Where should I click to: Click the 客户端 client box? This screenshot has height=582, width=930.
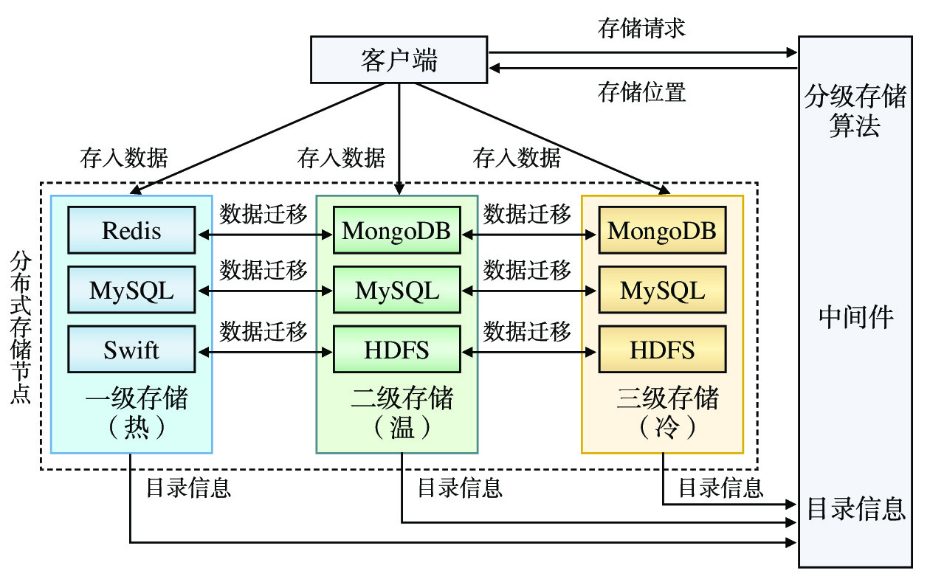click(399, 60)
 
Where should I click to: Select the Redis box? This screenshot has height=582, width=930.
click(132, 231)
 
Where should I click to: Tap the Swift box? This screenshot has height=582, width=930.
click(132, 349)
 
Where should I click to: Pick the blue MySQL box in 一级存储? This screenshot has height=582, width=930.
click(132, 290)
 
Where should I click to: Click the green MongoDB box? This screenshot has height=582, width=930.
click(397, 231)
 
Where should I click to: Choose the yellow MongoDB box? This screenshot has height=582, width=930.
click(662, 231)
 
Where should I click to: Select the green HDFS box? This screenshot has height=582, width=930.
click(397, 349)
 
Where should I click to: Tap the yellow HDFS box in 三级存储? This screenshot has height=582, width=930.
click(662, 349)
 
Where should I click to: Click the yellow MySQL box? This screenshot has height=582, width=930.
click(662, 290)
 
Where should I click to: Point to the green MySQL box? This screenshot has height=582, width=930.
click(397, 290)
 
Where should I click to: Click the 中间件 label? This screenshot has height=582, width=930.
click(855, 317)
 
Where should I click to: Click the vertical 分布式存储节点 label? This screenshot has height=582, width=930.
click(21, 328)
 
